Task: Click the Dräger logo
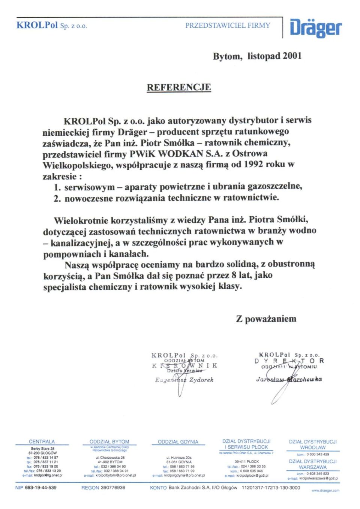click(x=315, y=28)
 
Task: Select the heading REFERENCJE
click(x=178, y=87)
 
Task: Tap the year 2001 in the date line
click(x=292, y=56)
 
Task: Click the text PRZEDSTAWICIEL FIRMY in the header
click(x=228, y=25)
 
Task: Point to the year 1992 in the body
click(x=253, y=164)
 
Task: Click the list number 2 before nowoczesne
click(x=57, y=198)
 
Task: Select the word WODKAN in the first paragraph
click(x=181, y=153)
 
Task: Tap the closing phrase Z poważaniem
click(x=266, y=319)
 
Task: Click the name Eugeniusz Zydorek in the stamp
click(x=184, y=380)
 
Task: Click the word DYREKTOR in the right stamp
click(x=289, y=361)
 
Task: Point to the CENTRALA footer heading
click(x=42, y=442)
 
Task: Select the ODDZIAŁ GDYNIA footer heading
click(x=178, y=442)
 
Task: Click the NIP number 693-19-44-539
click(x=41, y=488)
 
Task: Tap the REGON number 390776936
click(x=113, y=488)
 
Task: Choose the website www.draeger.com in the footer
click(x=325, y=490)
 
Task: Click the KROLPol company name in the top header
click(x=37, y=25)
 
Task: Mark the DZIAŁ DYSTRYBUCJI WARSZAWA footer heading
click(x=313, y=464)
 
